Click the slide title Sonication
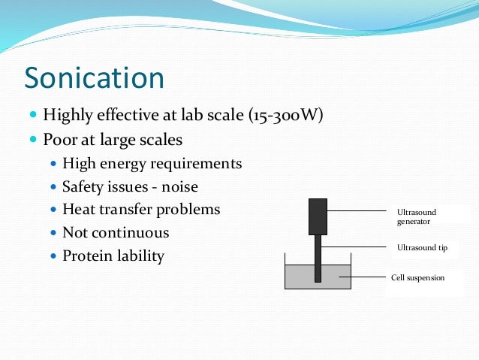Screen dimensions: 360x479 [x=94, y=78]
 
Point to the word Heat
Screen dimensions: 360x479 [x=78, y=210]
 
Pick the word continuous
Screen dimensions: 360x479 [x=130, y=233]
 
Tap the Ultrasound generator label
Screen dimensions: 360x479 [x=416, y=217]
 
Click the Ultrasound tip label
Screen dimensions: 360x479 [x=422, y=247]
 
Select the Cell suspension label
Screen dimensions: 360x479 [x=417, y=277]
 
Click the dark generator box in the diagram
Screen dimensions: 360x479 [x=318, y=216]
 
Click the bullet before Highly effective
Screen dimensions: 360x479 [x=33, y=116]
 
